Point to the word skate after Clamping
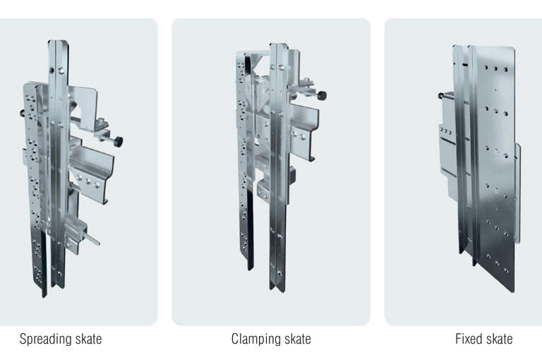click(x=298, y=339)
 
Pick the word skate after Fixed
click(x=500, y=339)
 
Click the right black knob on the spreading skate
click(x=119, y=141)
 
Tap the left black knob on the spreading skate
click(x=22, y=113)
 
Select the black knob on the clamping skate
click(x=322, y=95)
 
